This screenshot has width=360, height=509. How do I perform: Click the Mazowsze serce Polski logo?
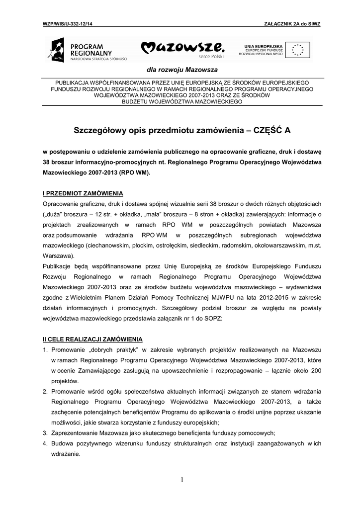pos(183,49)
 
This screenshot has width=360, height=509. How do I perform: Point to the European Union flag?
pos(300,50)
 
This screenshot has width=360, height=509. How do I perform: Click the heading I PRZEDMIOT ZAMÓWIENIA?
pos(83,193)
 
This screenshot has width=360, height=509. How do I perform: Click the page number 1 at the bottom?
pos(182,480)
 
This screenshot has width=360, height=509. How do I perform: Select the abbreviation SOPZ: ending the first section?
pos(216,319)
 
